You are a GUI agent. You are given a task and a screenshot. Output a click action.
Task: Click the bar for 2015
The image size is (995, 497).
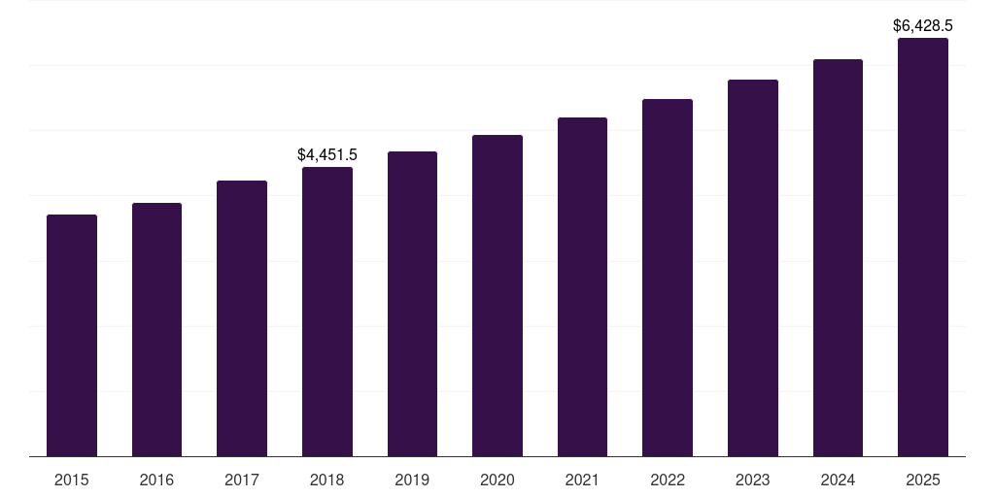click(x=72, y=335)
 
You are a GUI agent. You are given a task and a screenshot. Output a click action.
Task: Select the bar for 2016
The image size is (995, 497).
click(x=156, y=329)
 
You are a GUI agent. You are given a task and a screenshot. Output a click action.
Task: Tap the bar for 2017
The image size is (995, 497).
click(x=242, y=318)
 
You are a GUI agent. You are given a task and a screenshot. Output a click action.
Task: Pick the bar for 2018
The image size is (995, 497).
click(x=327, y=312)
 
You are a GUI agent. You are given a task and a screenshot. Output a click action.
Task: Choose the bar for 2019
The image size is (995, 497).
click(x=412, y=304)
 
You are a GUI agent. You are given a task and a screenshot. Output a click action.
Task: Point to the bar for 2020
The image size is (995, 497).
click(x=497, y=295)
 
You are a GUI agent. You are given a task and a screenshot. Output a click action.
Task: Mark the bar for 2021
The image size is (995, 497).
click(x=582, y=286)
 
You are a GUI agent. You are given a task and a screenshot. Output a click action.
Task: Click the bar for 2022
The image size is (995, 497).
click(x=668, y=278)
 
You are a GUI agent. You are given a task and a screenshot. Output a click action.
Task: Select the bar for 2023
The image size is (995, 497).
click(x=753, y=268)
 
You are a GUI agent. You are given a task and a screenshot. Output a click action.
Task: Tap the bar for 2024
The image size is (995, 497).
click(x=838, y=257)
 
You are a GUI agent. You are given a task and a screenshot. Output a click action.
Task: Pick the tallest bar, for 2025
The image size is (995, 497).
click(x=923, y=247)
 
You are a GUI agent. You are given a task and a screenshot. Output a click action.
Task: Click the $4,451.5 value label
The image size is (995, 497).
click(x=327, y=154)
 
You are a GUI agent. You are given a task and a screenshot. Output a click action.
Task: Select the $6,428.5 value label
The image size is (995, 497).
click(x=923, y=26)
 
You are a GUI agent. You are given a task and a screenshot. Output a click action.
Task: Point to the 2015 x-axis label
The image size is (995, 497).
click(x=72, y=480)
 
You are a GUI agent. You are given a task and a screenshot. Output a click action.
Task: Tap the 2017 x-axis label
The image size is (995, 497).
click(x=242, y=480)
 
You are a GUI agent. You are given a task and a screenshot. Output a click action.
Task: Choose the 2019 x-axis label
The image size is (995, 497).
click(x=412, y=480)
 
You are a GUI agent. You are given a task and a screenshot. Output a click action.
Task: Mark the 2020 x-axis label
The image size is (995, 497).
click(x=497, y=480)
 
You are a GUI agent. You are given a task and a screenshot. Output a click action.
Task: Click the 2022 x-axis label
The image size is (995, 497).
click(x=668, y=480)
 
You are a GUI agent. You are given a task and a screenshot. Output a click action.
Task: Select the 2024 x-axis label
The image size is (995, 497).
click(x=838, y=480)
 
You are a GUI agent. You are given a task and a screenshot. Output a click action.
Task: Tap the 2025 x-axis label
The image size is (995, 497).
click(x=923, y=480)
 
